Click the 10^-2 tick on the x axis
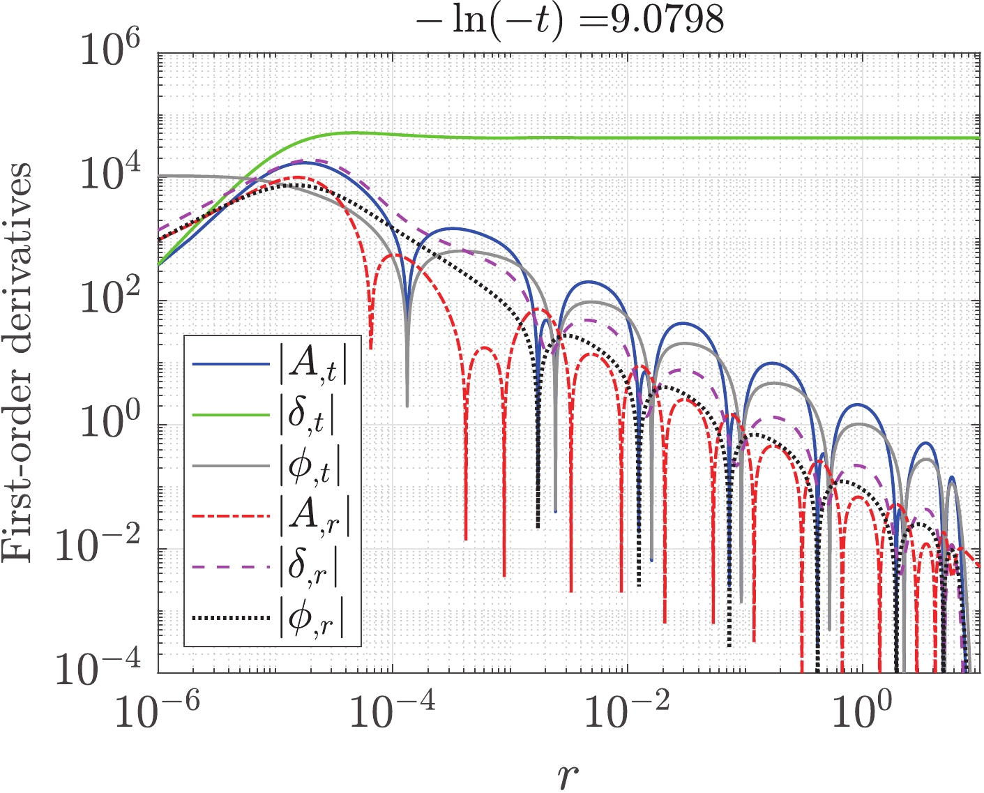click(628, 711)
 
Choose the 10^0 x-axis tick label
click(863, 711)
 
